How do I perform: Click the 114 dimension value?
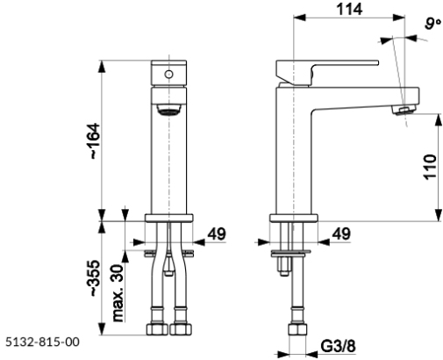(349, 9)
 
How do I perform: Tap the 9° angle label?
(432, 24)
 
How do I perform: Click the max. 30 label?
(118, 293)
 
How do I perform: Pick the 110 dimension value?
(430, 167)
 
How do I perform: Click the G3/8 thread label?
(339, 346)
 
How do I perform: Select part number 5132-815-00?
(42, 342)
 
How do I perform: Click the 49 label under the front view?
(217, 234)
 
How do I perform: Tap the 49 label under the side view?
(341, 234)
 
